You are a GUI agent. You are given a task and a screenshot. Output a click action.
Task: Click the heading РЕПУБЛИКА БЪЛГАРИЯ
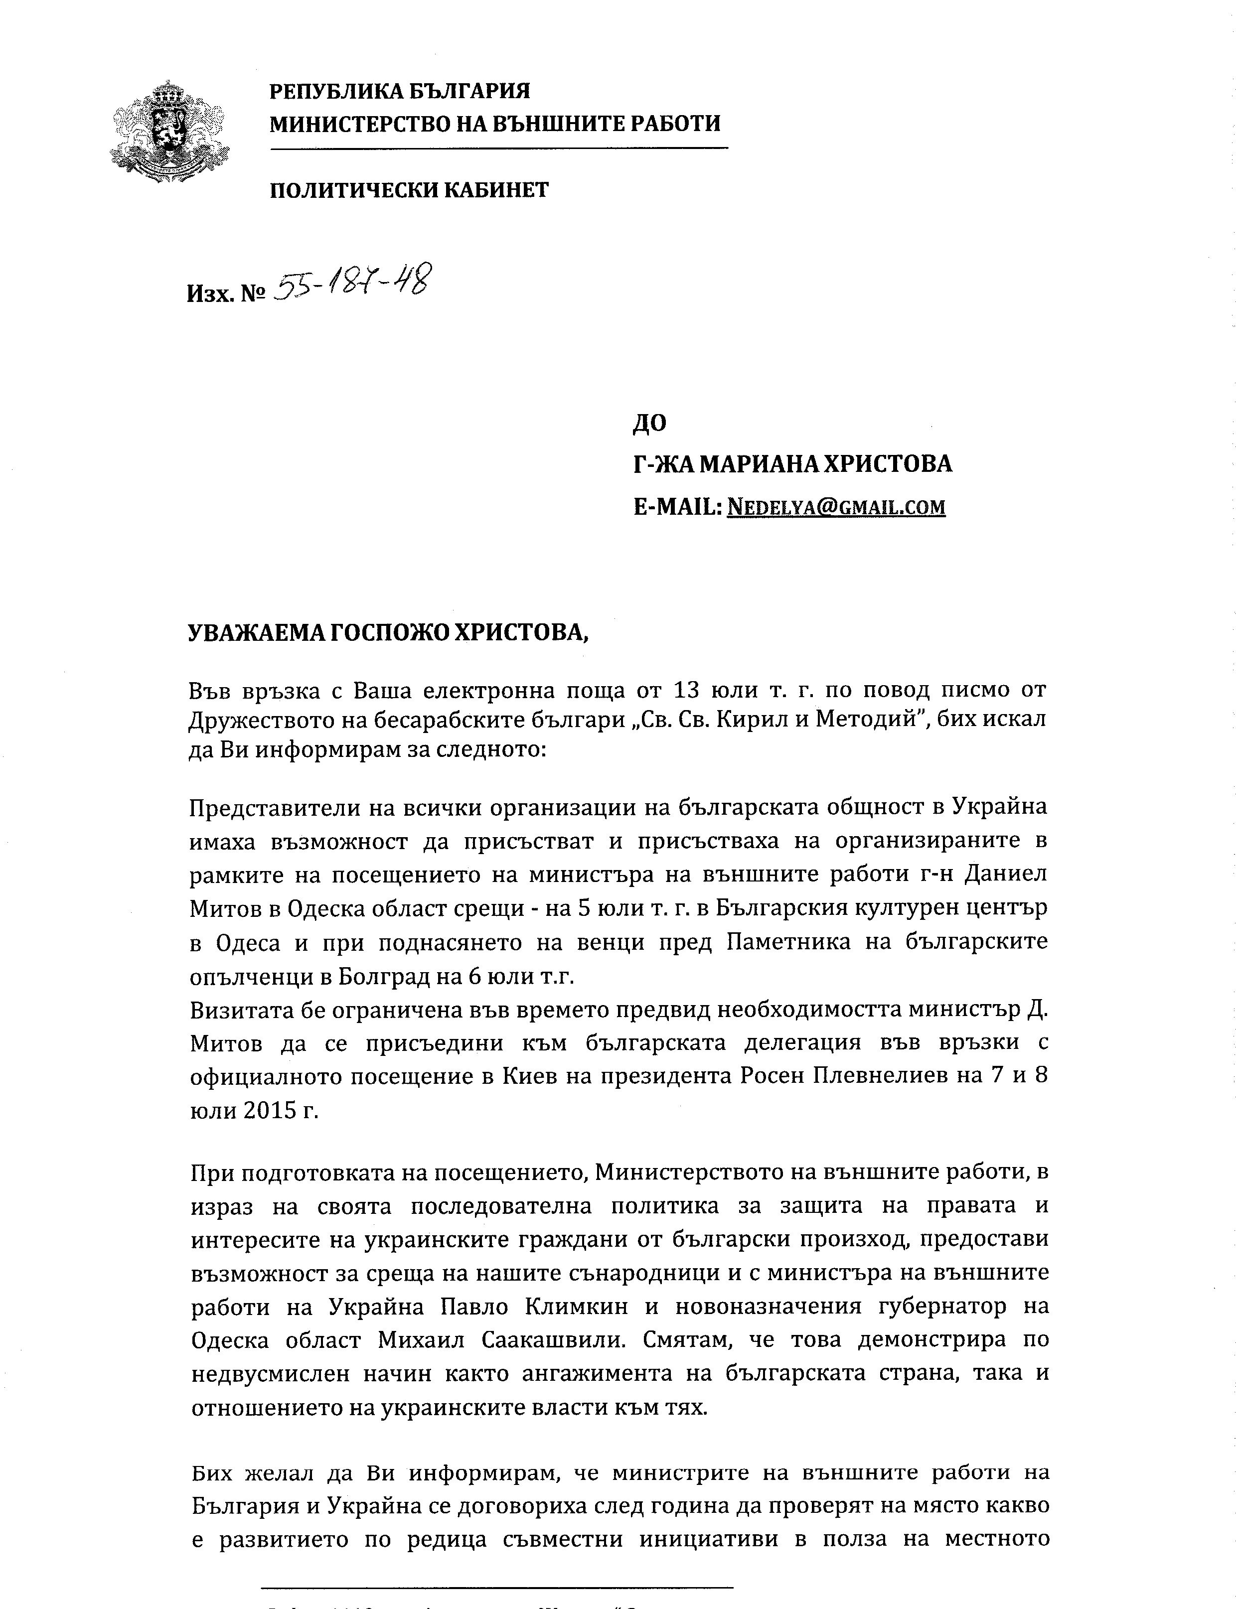point(400,91)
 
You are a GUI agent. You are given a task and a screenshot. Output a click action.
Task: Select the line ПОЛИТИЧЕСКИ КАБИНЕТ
point(409,190)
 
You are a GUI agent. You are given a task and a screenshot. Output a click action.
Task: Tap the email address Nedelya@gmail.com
point(836,507)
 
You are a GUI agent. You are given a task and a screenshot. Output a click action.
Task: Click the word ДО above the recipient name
point(649,423)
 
